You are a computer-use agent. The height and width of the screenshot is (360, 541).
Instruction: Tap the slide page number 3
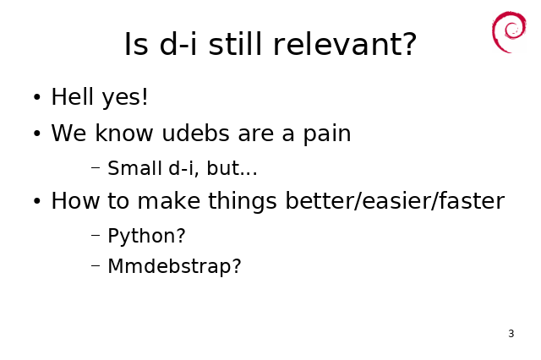pyautogui.click(x=511, y=334)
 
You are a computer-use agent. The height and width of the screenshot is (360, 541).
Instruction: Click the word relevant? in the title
pyautogui.click(x=345, y=44)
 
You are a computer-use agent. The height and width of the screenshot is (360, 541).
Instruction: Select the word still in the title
pyautogui.click(x=236, y=43)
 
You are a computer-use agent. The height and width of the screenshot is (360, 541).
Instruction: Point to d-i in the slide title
pyautogui.click(x=178, y=43)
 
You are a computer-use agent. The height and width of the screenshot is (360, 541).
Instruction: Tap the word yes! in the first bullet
pyautogui.click(x=125, y=98)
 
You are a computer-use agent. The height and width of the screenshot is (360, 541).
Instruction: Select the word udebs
pyautogui.click(x=195, y=133)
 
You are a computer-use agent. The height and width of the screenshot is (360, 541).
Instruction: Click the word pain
pyautogui.click(x=327, y=134)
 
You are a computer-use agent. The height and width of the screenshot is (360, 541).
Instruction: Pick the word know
pyautogui.click(x=124, y=133)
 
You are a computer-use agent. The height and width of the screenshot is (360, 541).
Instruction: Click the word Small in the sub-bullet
pyautogui.click(x=135, y=168)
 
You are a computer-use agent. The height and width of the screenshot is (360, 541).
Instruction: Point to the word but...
pyautogui.click(x=223, y=168)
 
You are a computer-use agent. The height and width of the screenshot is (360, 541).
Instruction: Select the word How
pyautogui.click(x=75, y=200)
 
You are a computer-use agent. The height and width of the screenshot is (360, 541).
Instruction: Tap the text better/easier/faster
pyautogui.click(x=395, y=200)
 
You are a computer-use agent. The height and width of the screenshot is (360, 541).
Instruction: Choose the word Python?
pyautogui.click(x=146, y=237)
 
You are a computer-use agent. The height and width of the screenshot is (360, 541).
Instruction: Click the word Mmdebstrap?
pyautogui.click(x=174, y=267)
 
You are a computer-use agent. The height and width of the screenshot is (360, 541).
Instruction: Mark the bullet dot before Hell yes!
pyautogui.click(x=37, y=97)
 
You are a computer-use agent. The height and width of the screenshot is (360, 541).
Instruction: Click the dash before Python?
pyautogui.click(x=96, y=236)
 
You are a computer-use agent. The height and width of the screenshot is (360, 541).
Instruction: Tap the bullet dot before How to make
pyautogui.click(x=37, y=201)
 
